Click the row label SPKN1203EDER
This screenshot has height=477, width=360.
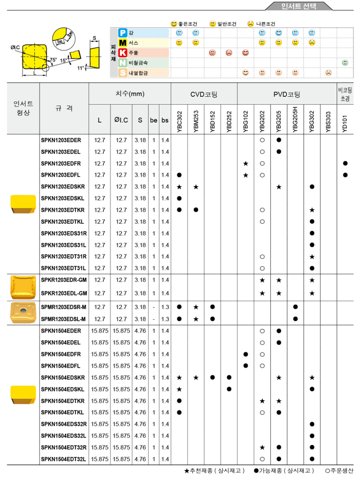pyautogui.click(x=61, y=140)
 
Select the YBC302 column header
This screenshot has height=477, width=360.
pyautogui.click(x=179, y=119)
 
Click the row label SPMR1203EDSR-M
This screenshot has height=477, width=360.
pyautogui.click(x=63, y=307)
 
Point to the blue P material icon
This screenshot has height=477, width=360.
pyautogui.click(x=123, y=32)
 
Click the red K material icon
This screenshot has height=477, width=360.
pyautogui.click(x=123, y=53)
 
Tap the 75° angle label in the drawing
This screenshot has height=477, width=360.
pyautogui.click(x=53, y=59)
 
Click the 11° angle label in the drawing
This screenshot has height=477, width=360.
pyautogui.click(x=81, y=68)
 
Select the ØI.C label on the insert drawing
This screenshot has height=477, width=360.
pyautogui.click(x=15, y=48)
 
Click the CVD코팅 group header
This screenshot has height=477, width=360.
pyautogui.click(x=204, y=94)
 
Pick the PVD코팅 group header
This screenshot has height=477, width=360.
pyautogui.click(x=286, y=94)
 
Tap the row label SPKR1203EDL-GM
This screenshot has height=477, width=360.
pyautogui.click(x=64, y=293)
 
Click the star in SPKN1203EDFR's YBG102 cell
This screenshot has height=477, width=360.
pyautogui.click(x=245, y=163)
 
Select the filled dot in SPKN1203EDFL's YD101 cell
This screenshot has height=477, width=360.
pyautogui.click(x=345, y=175)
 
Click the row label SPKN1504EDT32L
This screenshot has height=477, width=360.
pyautogui.click(x=64, y=459)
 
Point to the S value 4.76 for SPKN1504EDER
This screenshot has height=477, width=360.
pyautogui.click(x=140, y=331)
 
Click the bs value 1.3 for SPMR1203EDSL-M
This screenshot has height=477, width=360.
pyautogui.click(x=165, y=319)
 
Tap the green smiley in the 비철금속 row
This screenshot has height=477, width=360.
pyautogui.click(x=345, y=63)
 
